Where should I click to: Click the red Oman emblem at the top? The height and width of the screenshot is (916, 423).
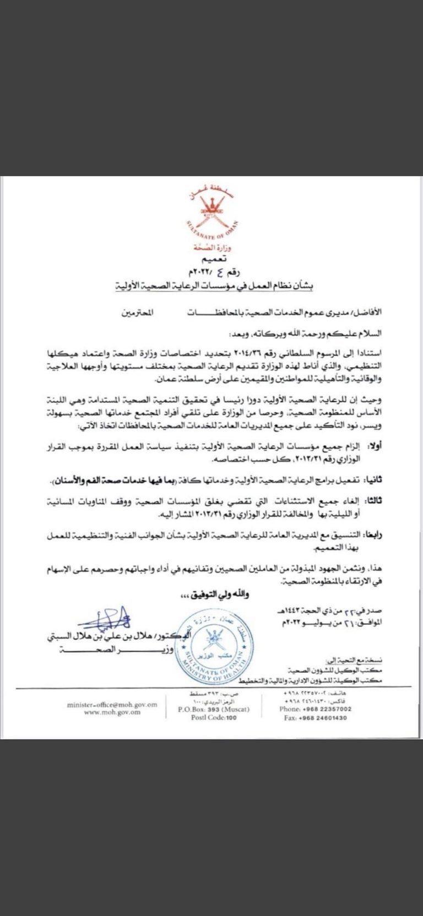tap(211, 209)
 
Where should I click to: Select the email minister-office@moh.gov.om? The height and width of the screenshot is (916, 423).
tap(112, 704)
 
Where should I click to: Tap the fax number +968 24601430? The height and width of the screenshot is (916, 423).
tap(316, 718)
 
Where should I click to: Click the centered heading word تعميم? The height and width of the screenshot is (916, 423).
tap(212, 258)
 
